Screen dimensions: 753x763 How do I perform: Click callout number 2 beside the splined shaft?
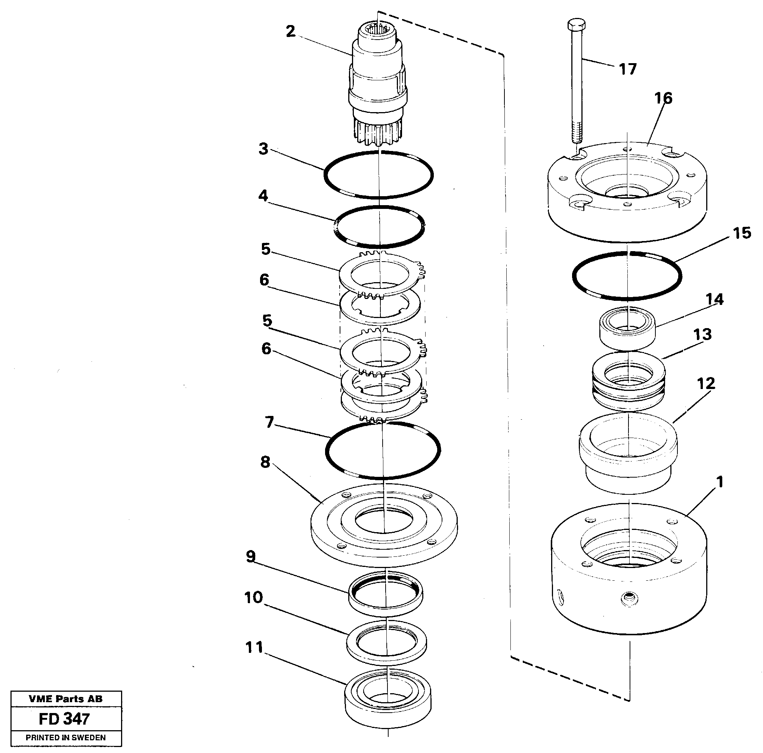coord(290,31)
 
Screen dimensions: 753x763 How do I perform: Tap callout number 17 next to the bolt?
coord(627,69)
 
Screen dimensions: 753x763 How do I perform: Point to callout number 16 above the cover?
coord(663,98)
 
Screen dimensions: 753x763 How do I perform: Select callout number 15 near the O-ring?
coord(741,233)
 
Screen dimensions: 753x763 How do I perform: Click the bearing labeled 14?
coord(627,329)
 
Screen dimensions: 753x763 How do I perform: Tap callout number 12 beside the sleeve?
coord(706,383)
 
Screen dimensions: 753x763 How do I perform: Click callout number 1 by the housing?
coord(720,482)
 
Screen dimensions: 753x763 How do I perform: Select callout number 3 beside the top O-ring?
coord(263,149)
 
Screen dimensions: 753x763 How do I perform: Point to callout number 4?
coord(263,195)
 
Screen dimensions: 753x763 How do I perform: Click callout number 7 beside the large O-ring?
coord(269,422)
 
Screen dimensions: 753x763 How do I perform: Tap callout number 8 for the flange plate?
coord(265,462)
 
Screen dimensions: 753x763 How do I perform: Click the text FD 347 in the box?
coord(64,719)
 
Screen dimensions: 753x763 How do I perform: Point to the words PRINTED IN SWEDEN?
coord(65,738)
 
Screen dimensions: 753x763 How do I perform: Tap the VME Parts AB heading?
coord(65,699)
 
